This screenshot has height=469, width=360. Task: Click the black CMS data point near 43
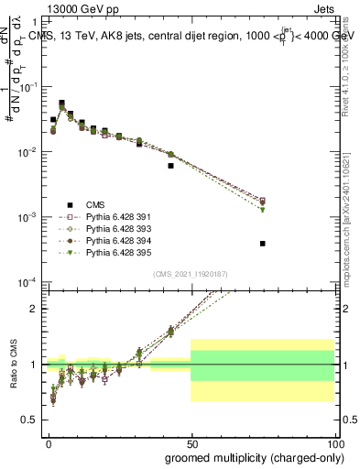click(x=171, y=166)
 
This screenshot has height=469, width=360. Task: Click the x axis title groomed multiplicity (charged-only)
click(x=249, y=457)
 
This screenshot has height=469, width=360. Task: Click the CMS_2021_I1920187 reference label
click(x=191, y=274)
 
